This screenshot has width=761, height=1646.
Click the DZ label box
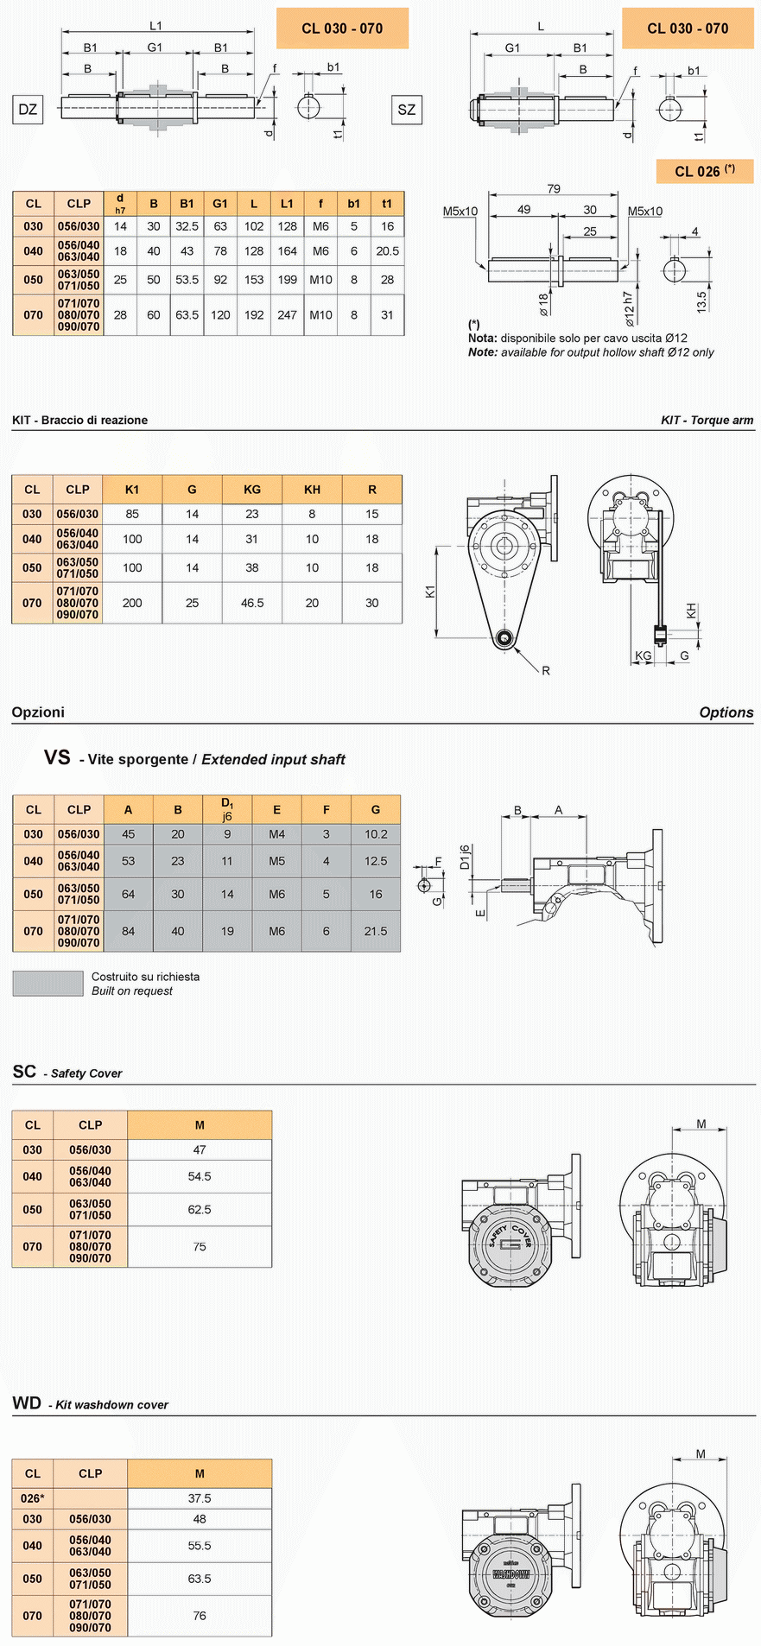pyautogui.click(x=28, y=109)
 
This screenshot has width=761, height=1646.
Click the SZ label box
pyautogui.click(x=407, y=110)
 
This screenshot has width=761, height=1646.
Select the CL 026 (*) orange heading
pyautogui.click(x=705, y=171)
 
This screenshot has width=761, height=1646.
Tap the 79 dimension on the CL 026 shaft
pyautogui.click(x=554, y=188)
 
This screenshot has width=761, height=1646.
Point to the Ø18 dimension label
pyautogui.click(x=544, y=304)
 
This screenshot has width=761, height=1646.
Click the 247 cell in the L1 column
pyautogui.click(x=287, y=315)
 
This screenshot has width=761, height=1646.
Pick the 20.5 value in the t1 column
pyautogui.click(x=387, y=251)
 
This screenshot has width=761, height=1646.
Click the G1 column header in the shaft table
pyautogui.click(x=220, y=204)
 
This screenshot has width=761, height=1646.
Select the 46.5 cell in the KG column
pyautogui.click(x=252, y=603)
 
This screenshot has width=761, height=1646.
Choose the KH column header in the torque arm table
pyautogui.click(x=312, y=489)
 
